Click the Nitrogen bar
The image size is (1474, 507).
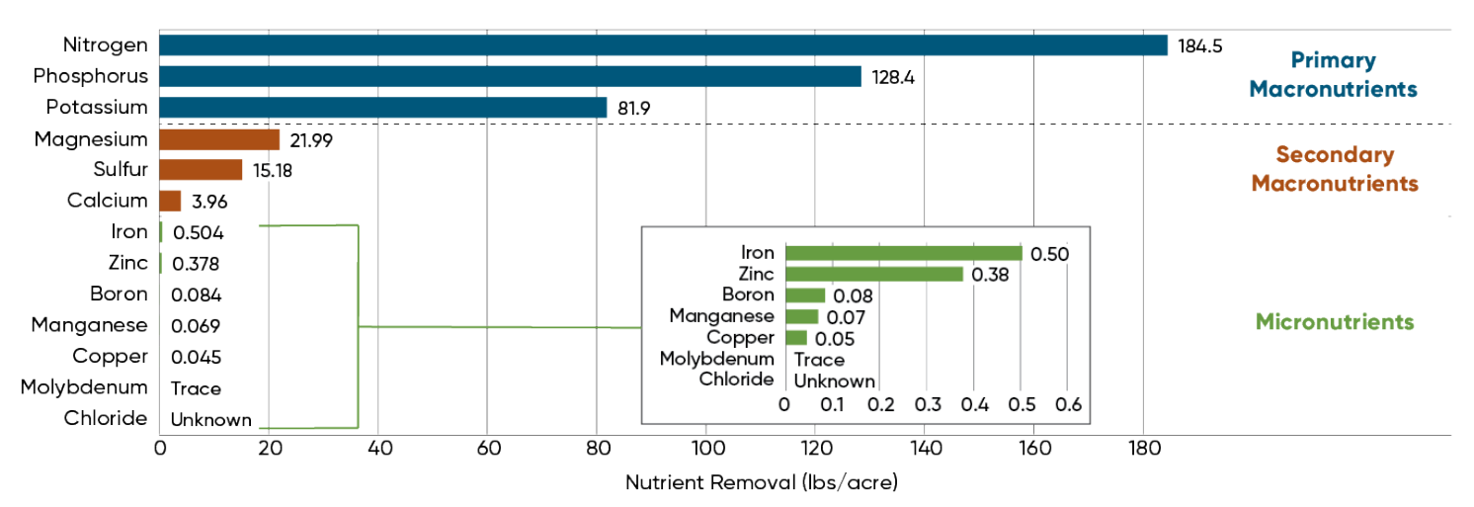point(662,45)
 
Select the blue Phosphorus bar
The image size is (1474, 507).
point(510,76)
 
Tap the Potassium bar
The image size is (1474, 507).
point(382,108)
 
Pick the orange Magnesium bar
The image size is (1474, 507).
point(219,139)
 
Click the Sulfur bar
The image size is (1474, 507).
point(201,170)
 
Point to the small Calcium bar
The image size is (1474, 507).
point(170,201)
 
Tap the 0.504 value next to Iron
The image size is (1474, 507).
point(198,233)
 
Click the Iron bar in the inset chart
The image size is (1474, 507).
point(903,253)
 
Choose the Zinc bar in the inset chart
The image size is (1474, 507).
point(873,274)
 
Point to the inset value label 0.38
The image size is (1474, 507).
point(989,275)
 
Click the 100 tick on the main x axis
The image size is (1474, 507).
point(705,449)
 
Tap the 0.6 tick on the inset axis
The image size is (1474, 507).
point(1068,405)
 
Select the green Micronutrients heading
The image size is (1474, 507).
point(1334,322)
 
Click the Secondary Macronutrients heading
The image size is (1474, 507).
point(1334,169)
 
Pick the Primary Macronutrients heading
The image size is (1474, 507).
point(1333,75)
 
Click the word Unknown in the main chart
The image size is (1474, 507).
point(211,420)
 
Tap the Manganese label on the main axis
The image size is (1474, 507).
point(89,325)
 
